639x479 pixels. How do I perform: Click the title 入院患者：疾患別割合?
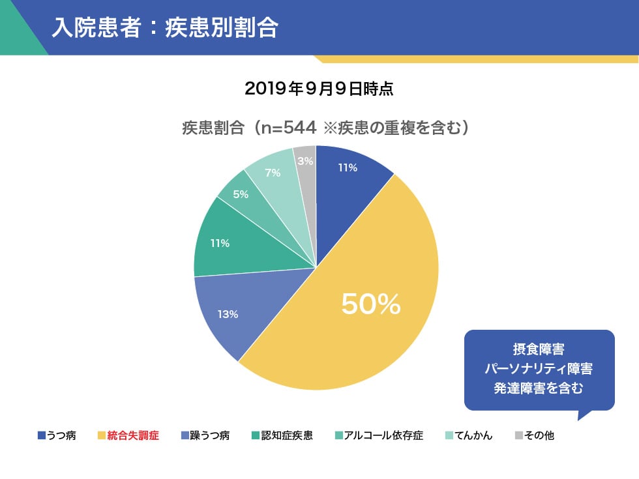coord(165,27)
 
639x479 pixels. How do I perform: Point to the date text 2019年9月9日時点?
coord(319,89)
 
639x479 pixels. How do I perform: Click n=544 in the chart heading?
coord(288,127)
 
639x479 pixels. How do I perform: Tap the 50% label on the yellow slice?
coord(370,304)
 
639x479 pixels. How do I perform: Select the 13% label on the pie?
coord(228,314)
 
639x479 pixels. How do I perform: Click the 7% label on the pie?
coord(273,173)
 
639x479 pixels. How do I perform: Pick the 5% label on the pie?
coord(241,194)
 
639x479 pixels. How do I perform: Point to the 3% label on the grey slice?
coord(305,160)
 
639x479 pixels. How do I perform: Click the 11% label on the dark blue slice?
coord(347,167)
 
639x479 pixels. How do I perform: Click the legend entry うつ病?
coord(61,435)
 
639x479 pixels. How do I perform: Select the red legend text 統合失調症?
coord(133,435)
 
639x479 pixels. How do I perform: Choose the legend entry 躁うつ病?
coord(209,435)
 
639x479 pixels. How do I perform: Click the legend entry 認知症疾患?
coord(286,435)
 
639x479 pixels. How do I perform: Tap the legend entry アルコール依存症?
coord(384,435)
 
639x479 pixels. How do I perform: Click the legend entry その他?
coord(539,435)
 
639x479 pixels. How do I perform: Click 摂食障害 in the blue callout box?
coord(539,349)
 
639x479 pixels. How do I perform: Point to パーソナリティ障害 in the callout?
coord(539,369)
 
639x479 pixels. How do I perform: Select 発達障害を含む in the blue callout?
coord(539,389)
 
